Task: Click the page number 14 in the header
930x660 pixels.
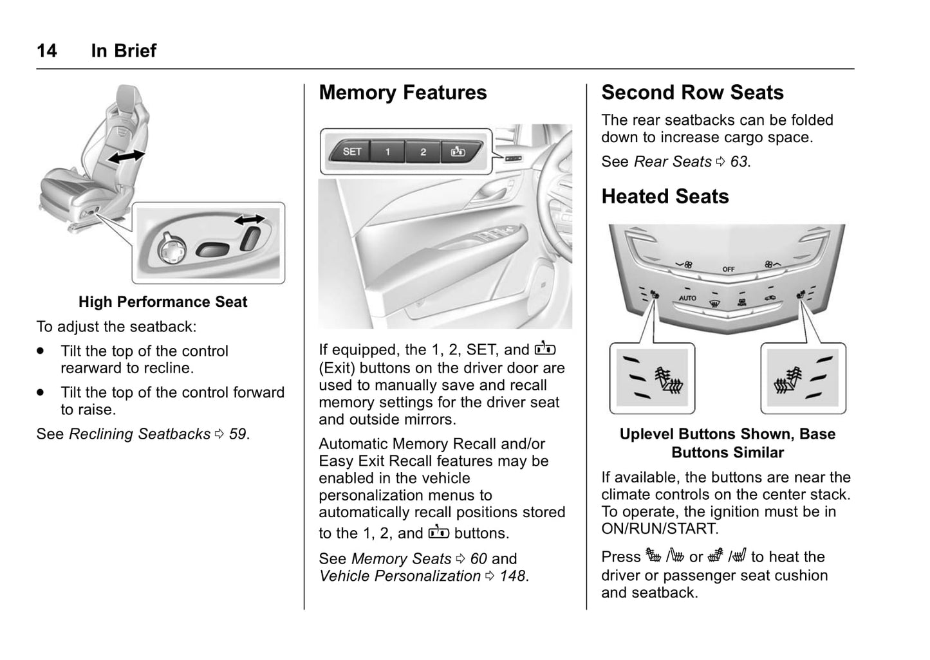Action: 46,51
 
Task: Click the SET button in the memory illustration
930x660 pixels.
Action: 352,152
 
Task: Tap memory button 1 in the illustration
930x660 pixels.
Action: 387,152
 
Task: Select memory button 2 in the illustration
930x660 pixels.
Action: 423,152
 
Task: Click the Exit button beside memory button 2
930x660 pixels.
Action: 458,152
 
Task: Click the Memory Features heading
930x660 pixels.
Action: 403,93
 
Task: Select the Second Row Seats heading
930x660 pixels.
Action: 693,93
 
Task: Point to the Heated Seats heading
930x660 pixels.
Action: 665,196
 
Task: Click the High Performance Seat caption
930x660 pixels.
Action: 163,302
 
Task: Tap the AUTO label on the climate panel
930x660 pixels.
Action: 687,298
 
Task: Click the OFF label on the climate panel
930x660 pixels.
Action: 729,269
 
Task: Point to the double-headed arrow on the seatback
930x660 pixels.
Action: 126,156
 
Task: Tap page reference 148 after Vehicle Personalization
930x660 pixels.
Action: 513,576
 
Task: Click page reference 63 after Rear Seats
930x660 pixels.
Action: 739,161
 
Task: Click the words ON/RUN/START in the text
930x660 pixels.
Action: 659,529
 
